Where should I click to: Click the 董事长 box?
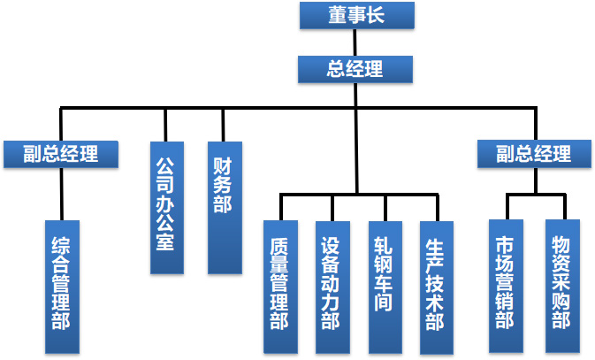coord(355,15)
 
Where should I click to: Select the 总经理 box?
coord(355,69)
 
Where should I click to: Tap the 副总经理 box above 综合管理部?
coord(61,153)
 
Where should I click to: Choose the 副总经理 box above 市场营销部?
coord(534,153)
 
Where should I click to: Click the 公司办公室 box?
coord(165,207)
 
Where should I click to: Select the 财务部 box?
coord(223,207)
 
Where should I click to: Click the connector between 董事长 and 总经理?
coord(355,42)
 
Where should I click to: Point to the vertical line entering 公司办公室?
coord(165,124)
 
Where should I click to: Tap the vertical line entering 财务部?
coord(223,124)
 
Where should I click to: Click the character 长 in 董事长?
coord(378,15)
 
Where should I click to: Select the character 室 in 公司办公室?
coord(165,241)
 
